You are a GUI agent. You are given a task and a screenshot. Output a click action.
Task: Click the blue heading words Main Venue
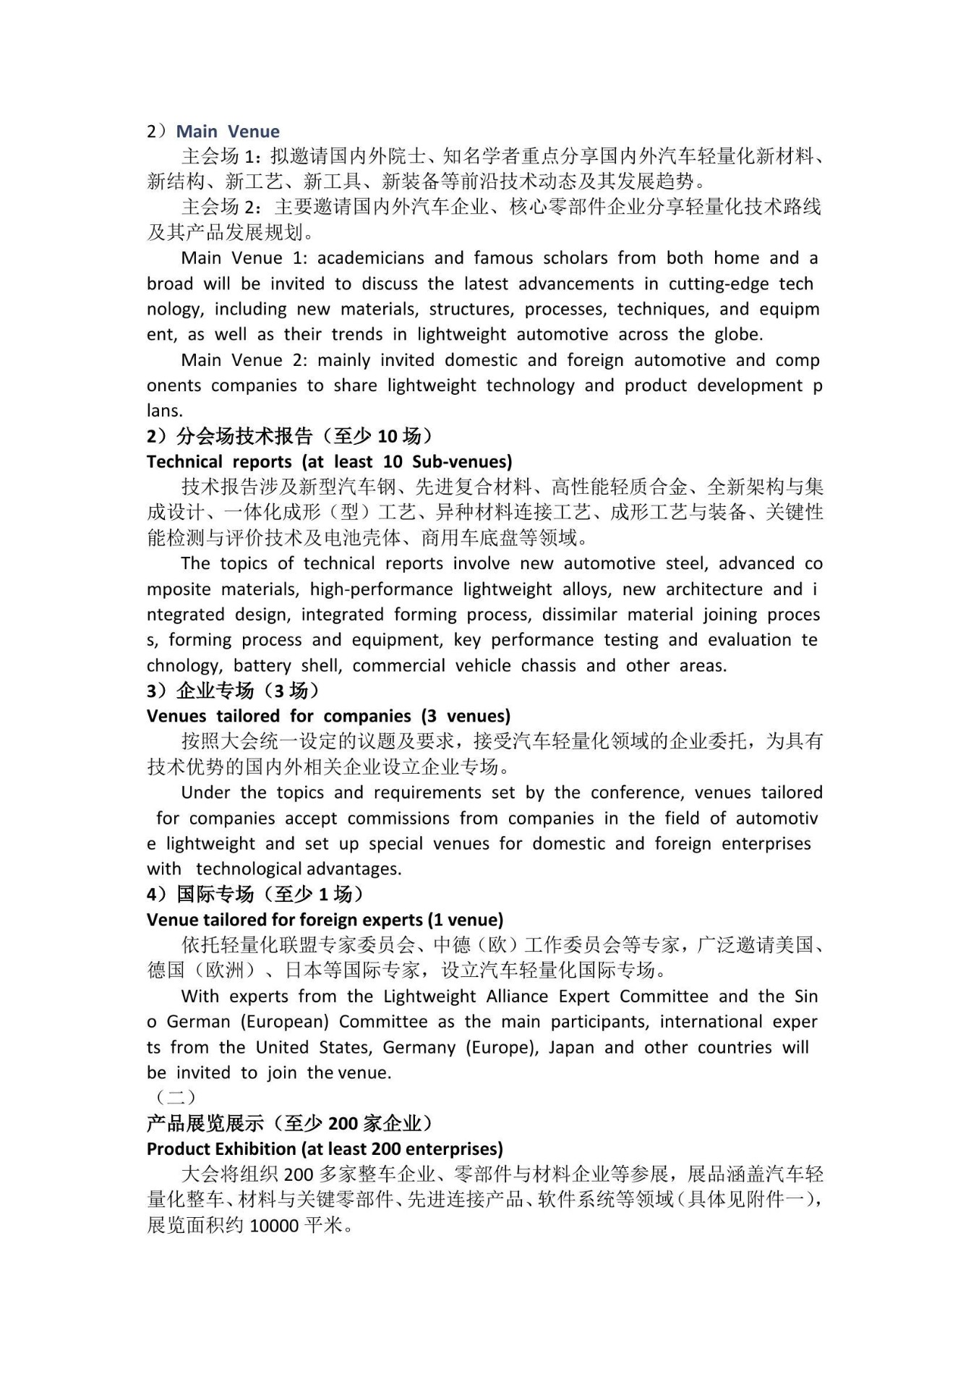[x=228, y=132]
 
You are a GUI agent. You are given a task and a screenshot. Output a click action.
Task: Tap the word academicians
[x=370, y=258]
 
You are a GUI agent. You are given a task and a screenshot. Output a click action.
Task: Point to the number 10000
[x=274, y=1226]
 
